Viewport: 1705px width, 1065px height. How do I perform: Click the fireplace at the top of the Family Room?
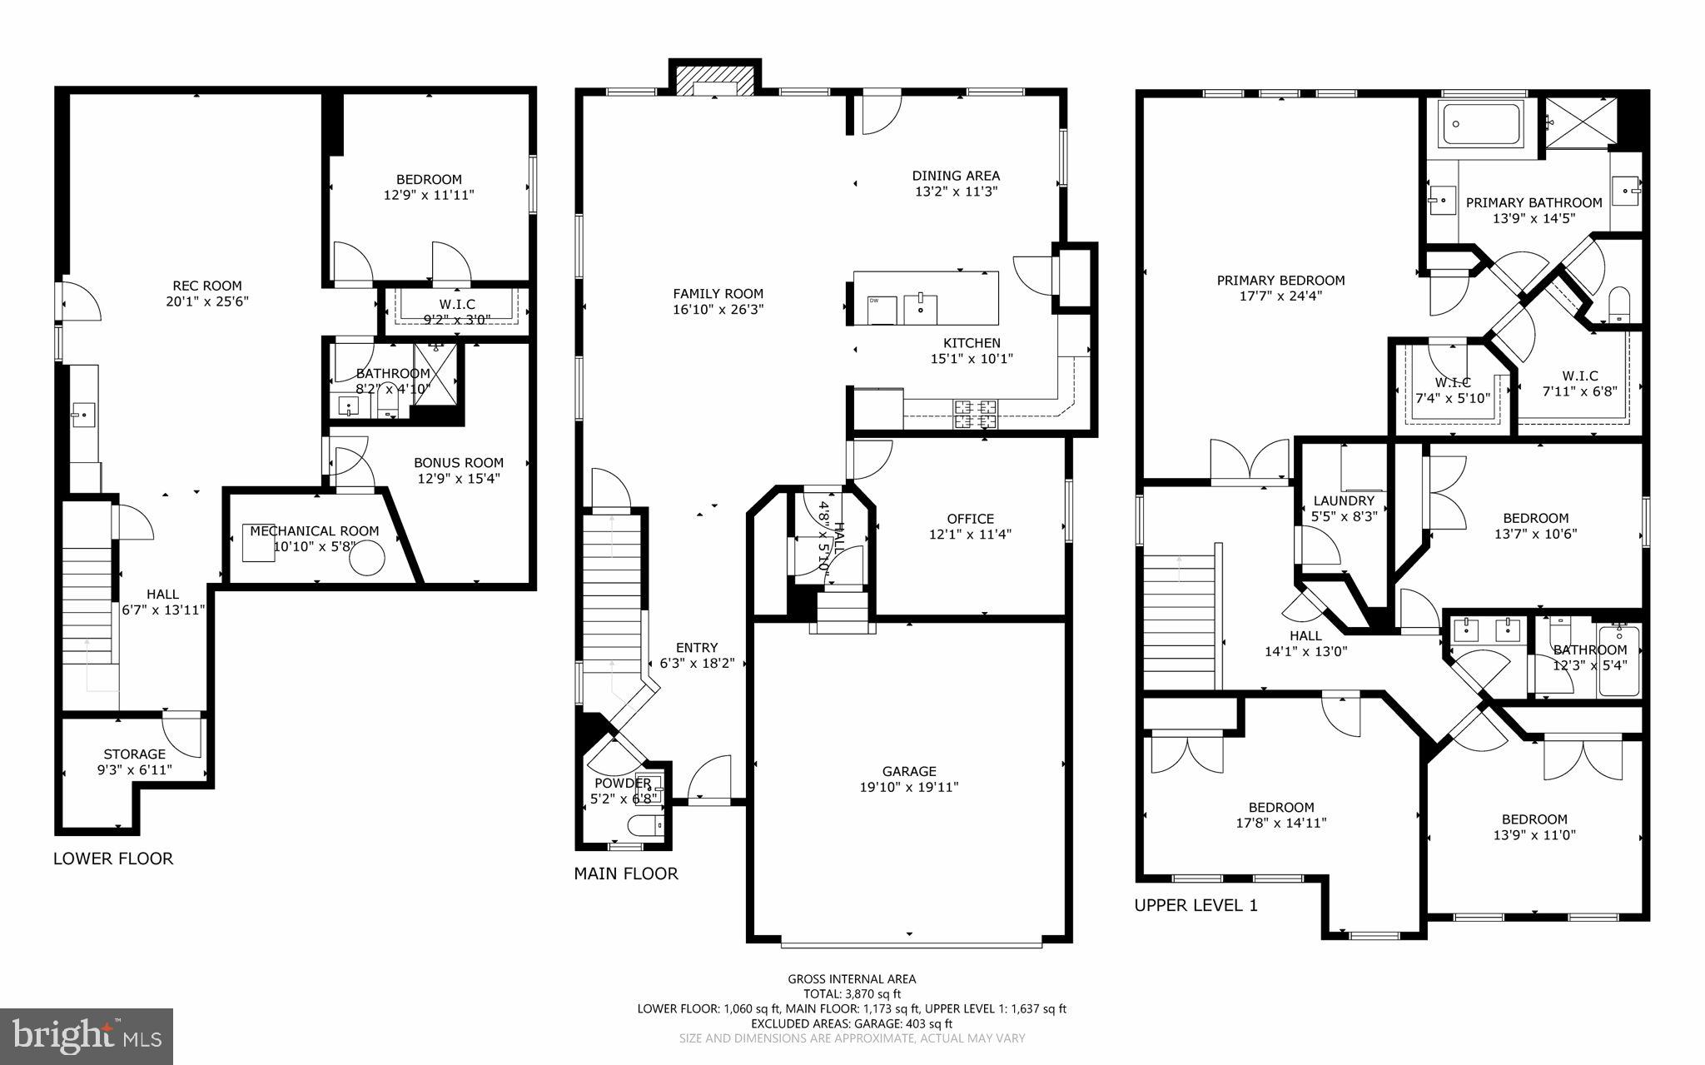tap(716, 81)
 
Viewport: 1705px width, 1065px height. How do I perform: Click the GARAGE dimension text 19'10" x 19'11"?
tap(909, 787)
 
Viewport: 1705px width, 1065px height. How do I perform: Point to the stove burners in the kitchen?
tap(975, 413)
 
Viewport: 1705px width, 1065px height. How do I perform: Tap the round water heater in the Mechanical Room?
tap(366, 558)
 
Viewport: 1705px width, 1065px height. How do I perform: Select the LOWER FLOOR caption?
tap(113, 858)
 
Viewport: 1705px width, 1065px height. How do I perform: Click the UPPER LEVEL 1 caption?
tap(1195, 905)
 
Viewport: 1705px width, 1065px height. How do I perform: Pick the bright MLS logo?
tap(87, 1036)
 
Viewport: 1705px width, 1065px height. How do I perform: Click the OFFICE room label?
tap(970, 519)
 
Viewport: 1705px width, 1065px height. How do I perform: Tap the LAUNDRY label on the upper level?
tap(1344, 500)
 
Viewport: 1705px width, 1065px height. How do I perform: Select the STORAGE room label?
tap(134, 754)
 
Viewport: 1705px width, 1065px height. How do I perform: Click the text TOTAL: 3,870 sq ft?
tap(852, 993)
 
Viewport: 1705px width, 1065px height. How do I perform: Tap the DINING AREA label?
tap(956, 176)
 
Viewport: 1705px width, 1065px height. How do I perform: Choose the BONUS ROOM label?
tap(459, 463)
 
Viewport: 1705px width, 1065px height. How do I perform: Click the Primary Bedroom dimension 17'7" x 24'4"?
tap(1280, 296)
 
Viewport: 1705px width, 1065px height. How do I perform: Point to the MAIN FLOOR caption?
tap(626, 873)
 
